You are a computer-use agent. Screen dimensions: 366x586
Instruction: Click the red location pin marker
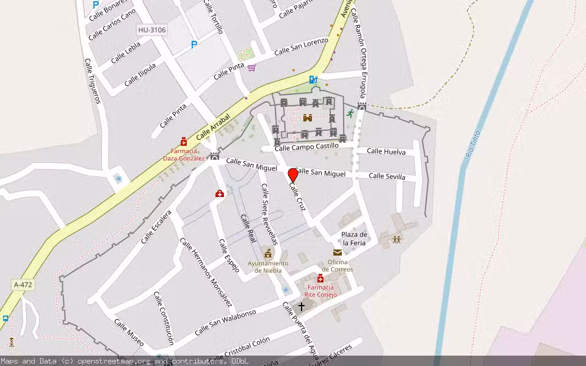coord(293,176)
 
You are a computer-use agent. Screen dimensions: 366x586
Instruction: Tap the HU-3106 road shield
coord(151,29)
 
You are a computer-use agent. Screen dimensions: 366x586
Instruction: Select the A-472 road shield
coord(23,285)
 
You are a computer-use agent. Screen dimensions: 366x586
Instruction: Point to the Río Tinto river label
coord(473,145)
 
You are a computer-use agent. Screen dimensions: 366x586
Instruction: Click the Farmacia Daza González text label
coord(183,154)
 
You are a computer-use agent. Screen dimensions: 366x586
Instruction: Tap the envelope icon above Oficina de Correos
coord(338,253)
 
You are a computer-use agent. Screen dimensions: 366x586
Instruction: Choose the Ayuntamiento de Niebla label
coord(268,267)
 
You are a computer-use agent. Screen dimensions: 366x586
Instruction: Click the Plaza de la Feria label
coord(354,239)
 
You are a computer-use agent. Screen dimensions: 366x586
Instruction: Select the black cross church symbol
coord(301,306)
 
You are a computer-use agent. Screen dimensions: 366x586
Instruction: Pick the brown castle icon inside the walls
coord(308,118)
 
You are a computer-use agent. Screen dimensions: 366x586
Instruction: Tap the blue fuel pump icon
coord(313,79)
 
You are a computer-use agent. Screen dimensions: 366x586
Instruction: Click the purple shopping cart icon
coord(251,67)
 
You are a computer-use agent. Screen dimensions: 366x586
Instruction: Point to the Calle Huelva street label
coord(386,151)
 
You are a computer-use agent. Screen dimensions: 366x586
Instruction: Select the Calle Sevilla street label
coord(387,176)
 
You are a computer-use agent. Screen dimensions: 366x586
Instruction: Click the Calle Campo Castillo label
coord(306,147)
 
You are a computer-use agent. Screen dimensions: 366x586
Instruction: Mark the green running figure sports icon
coord(350,113)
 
